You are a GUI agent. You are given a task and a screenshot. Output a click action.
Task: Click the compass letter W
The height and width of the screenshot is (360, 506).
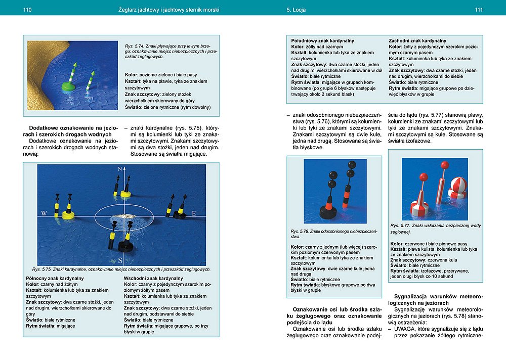click(x=44, y=213)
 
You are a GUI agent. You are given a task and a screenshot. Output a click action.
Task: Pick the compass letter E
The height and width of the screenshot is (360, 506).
click(x=194, y=214)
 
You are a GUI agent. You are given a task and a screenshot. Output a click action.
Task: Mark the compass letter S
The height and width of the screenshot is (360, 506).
click(x=120, y=260)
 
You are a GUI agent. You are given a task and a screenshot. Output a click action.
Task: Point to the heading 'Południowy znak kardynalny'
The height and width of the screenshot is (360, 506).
click(x=322, y=40)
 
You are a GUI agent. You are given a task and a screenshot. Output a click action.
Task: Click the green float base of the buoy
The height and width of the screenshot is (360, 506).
click(x=69, y=86)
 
